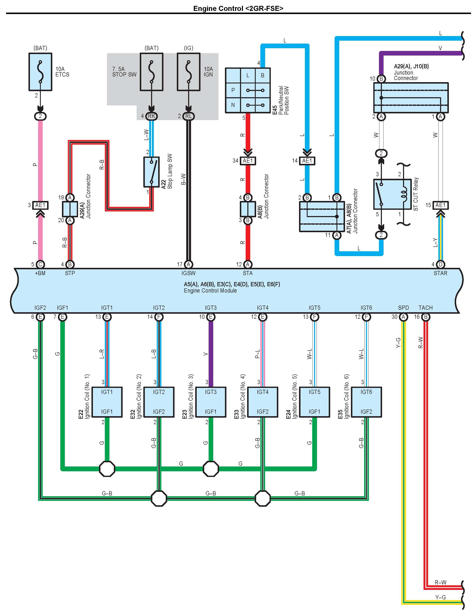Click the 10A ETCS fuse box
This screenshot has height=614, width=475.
[40, 72]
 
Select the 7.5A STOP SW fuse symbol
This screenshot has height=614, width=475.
[151, 72]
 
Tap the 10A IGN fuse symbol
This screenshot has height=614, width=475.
[189, 72]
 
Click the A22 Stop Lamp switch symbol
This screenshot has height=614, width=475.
[151, 172]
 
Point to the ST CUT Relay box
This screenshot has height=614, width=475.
[392, 194]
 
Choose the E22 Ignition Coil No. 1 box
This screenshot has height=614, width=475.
[107, 402]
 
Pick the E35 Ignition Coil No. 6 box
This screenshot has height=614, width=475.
[366, 402]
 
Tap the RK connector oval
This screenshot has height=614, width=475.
[151, 116]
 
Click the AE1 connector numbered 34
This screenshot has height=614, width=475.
[248, 161]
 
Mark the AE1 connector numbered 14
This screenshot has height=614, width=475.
[307, 161]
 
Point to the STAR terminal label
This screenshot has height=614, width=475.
[440, 273]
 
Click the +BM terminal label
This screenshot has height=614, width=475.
[40, 273]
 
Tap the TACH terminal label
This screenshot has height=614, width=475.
[425, 308]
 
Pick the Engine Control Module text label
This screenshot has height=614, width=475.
[210, 291]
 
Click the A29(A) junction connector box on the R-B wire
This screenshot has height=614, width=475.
[70, 209]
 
